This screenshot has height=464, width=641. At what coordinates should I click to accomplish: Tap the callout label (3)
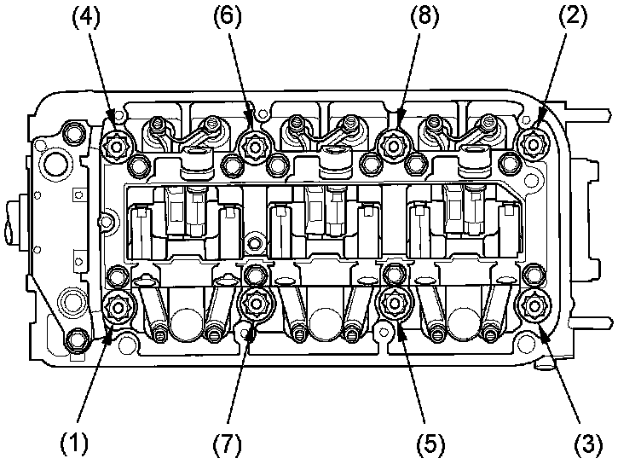pos(589,444)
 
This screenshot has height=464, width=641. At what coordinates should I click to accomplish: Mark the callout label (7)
pos(226,444)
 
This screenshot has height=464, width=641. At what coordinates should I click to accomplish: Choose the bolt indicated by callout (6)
pos(253,145)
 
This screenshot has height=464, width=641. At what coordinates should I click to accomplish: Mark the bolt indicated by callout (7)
pos(255,303)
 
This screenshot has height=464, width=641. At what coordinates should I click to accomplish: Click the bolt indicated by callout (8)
pos(393,145)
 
